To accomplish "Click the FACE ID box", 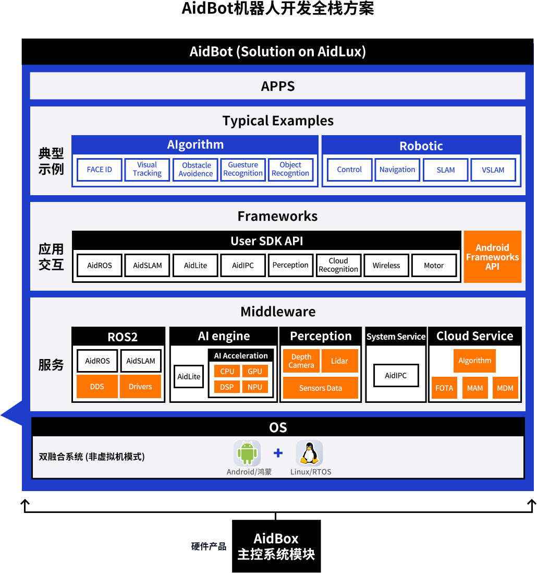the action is [99, 170].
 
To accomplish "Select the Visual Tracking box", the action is [147, 170].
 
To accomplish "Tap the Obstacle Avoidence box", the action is [196, 170].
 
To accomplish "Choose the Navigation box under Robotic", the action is [397, 170].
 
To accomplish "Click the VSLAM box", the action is [493, 170].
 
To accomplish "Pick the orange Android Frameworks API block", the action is [493, 257].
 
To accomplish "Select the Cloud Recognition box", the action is [338, 265].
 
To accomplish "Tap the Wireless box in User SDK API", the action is [386, 265].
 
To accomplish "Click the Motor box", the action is [434, 265].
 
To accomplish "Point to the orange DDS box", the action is [97, 386].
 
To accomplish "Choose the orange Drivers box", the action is [141, 386].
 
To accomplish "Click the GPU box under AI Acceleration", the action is [255, 371].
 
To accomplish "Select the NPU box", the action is [255, 387].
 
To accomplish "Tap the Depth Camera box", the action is [301, 361].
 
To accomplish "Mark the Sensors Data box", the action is [321, 388].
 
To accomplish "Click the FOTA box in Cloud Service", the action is [444, 388].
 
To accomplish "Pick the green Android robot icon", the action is [247, 453].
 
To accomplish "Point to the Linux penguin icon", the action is [309, 453].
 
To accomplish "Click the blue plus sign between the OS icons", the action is [278, 453].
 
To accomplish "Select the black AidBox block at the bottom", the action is [276, 546].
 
